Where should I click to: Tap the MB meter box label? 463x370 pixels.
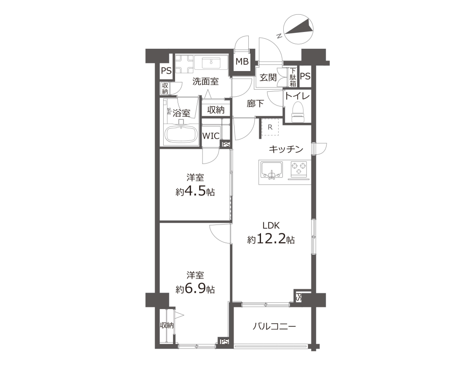[x=242, y=62]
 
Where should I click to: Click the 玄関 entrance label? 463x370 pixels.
[x=268, y=78]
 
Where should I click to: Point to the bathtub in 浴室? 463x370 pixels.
[x=181, y=135]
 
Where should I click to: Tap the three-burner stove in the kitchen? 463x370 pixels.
[x=299, y=169]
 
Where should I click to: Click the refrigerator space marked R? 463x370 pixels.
[x=270, y=127]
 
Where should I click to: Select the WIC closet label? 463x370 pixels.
[x=211, y=136]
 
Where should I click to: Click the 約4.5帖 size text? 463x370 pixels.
[x=195, y=192]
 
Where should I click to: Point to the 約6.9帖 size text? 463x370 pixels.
[x=195, y=289]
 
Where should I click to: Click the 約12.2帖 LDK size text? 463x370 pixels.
[x=271, y=239]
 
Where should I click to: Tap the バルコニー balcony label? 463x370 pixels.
[x=274, y=326]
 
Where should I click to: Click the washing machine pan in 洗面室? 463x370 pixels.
[x=184, y=64]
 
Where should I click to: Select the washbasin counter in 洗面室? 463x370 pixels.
[x=211, y=63]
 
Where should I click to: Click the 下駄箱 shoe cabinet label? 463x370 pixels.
[x=293, y=77]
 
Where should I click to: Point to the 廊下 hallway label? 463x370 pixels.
[x=255, y=103]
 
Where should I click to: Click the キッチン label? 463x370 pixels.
[x=286, y=149]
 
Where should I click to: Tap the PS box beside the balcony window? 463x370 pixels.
[x=298, y=297]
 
